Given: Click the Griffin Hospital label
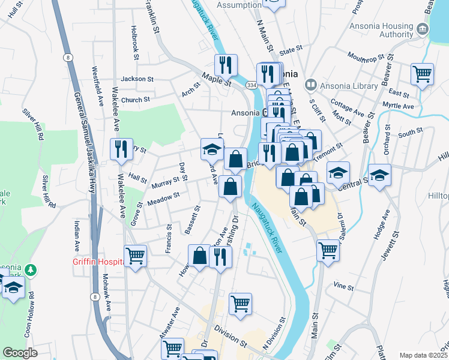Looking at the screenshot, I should click(x=98, y=261).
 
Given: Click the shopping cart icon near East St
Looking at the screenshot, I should click(x=423, y=74).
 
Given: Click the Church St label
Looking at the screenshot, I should click(x=135, y=100).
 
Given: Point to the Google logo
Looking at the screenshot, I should click(x=20, y=353).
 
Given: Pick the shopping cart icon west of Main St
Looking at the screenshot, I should click(x=328, y=250).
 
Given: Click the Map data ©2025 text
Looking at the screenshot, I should click(x=423, y=355).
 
